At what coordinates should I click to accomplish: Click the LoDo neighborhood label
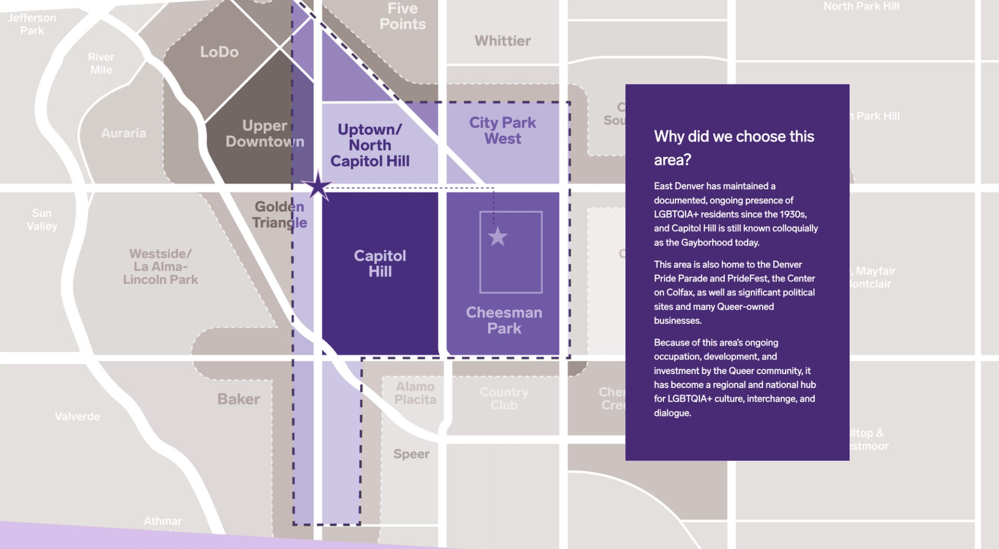tap(219, 52)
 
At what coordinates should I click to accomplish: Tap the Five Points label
tap(402, 17)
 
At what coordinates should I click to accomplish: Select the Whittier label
tap(503, 41)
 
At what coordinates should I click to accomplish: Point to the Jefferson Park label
tap(32, 24)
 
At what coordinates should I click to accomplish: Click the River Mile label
tap(101, 63)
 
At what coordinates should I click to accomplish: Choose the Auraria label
tap(123, 133)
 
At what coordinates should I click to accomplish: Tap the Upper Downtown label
tap(264, 133)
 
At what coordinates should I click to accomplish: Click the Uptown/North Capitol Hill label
tap(370, 145)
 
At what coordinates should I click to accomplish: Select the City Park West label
tap(502, 130)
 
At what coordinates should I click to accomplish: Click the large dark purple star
tap(317, 186)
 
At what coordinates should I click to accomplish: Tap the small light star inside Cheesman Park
tap(497, 236)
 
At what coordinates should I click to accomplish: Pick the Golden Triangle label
tap(279, 214)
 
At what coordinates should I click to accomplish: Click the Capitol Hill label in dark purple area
tap(380, 263)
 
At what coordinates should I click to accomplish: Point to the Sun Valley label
tap(42, 219)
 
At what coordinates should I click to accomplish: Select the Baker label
tap(238, 399)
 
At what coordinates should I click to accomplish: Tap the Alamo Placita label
tap(415, 393)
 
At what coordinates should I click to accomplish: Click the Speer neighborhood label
tap(411, 454)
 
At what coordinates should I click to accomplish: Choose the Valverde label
tap(78, 416)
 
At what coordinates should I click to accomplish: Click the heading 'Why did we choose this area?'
tap(734, 148)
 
